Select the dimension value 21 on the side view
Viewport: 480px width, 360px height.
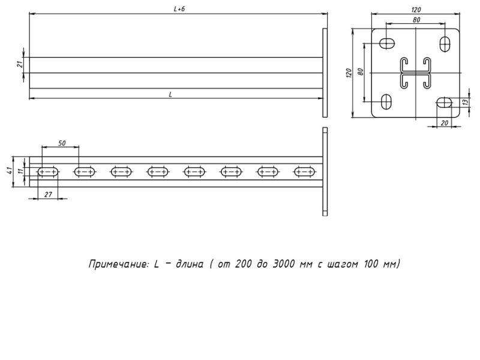(x=19, y=64)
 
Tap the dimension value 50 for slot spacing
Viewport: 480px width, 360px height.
(x=62, y=143)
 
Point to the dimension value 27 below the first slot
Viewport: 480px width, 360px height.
(x=47, y=193)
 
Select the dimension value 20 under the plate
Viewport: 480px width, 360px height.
(x=445, y=122)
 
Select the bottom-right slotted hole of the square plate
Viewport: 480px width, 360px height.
(x=445, y=102)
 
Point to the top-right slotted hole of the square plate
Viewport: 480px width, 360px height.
(x=446, y=43)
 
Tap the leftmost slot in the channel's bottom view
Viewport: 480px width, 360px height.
(x=47, y=172)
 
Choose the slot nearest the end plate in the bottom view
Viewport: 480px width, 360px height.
(x=304, y=172)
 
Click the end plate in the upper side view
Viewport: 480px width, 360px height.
(x=325, y=72)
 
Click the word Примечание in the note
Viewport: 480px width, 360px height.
(x=116, y=264)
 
